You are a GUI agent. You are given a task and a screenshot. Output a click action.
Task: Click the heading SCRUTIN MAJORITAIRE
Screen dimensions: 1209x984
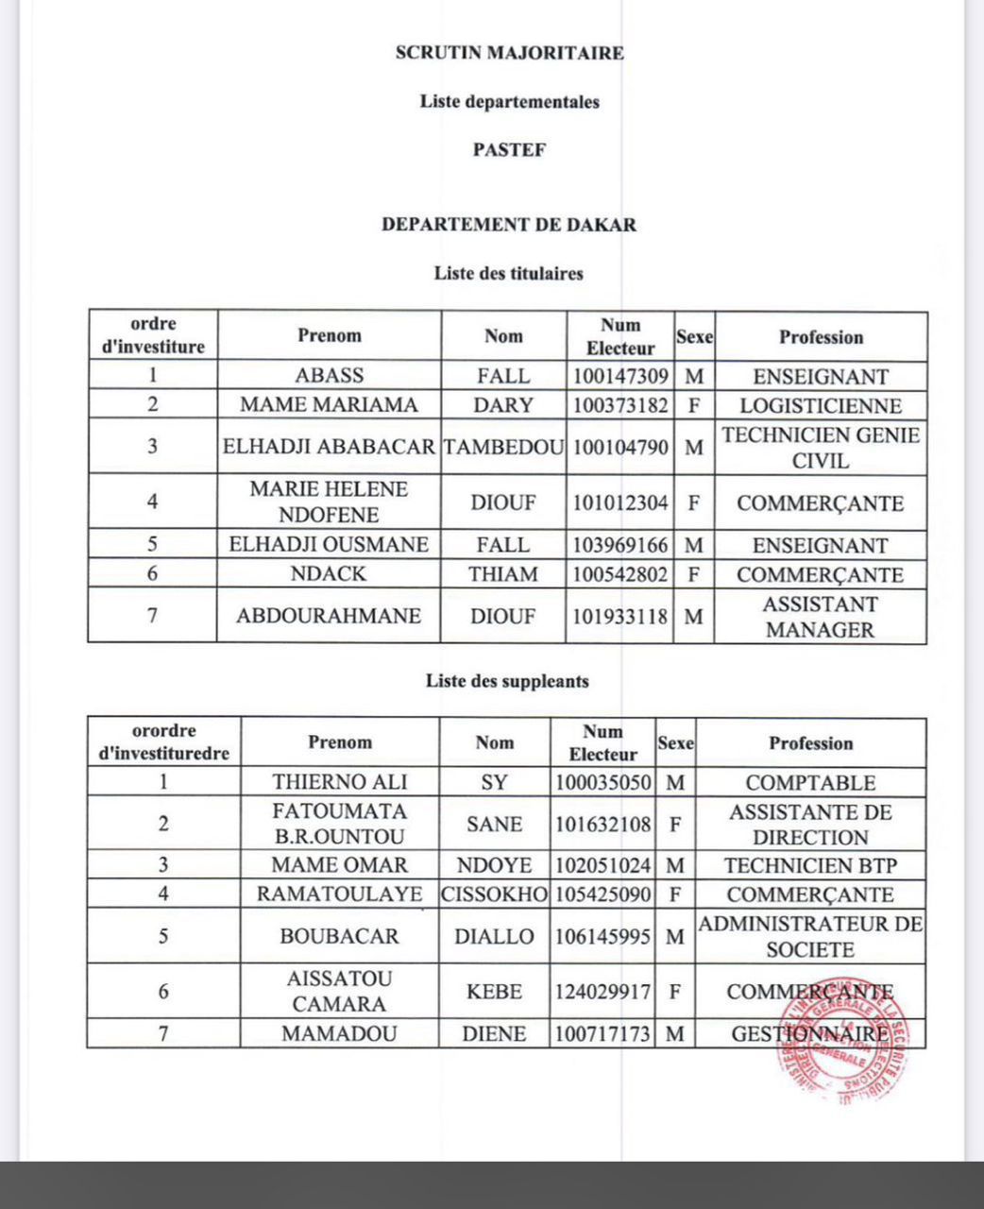509,53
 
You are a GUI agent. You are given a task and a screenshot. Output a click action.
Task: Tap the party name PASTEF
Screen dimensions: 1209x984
509,149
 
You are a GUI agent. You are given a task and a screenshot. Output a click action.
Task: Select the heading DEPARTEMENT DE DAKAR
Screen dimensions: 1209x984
509,225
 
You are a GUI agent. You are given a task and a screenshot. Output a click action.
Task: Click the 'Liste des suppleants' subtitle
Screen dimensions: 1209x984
507,681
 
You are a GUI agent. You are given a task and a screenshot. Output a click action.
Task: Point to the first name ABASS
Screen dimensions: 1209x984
329,375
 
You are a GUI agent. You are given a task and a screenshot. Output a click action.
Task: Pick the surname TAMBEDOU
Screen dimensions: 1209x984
503,447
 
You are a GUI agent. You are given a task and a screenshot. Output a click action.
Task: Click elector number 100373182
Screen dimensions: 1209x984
620,405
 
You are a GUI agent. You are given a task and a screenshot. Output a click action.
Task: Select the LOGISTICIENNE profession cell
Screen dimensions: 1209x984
820,406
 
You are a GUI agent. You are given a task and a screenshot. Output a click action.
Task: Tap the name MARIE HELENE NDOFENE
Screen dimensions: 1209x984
329,502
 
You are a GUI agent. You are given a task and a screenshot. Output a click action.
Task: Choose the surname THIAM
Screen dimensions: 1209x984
503,574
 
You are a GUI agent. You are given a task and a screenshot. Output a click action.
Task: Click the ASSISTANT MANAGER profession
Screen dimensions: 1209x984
820,617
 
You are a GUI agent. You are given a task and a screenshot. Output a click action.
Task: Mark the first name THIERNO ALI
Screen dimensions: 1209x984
340,782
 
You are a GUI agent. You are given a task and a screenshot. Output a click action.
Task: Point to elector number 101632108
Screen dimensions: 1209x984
602,824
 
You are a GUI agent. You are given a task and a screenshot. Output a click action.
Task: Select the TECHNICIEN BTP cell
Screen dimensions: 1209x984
810,865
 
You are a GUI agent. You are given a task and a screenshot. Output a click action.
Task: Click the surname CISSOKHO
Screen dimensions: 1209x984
494,894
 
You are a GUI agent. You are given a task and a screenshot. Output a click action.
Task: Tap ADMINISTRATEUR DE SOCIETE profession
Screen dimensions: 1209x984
810,937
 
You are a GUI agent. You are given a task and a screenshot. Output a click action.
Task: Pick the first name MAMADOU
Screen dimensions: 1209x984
340,1033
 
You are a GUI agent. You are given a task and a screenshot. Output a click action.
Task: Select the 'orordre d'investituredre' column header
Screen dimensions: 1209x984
164,742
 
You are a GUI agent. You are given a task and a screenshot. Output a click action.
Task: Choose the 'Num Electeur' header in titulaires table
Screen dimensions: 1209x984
620,337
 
